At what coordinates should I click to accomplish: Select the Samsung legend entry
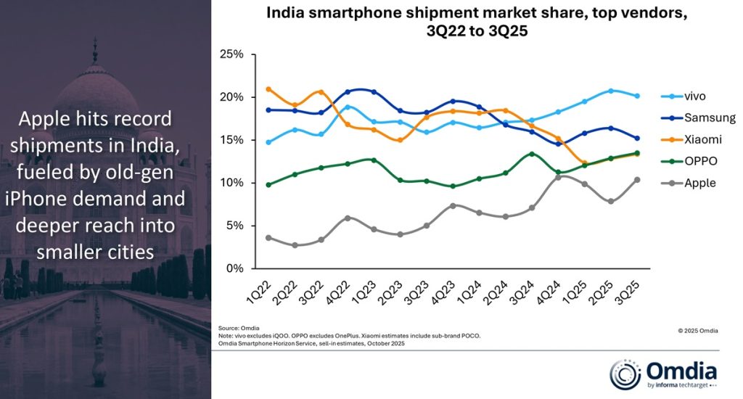(708, 118)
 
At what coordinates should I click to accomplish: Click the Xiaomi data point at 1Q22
(268, 89)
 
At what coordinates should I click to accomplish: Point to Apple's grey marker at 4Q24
(558, 177)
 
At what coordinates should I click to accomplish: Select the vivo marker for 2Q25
(611, 91)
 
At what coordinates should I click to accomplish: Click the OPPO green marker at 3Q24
(532, 154)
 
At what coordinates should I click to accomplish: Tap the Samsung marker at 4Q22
(348, 92)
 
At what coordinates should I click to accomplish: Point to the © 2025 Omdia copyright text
(698, 331)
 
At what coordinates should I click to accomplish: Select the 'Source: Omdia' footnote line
(240, 329)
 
